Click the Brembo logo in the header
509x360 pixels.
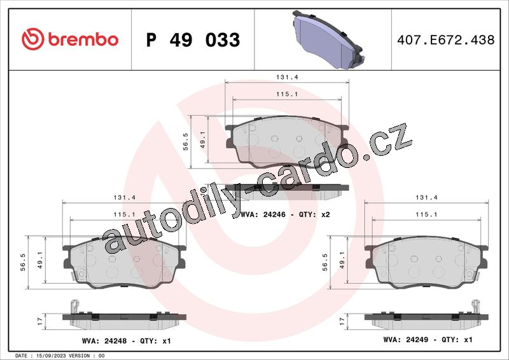coord(70,39)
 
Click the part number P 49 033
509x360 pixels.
coord(193,40)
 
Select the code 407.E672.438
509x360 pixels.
coord(446,40)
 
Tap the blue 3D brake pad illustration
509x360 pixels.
coord(327,39)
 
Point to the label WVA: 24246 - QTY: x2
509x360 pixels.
coord(285,214)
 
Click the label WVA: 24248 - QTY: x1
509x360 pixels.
coord(126,341)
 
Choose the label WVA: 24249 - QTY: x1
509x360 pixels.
coord(428,340)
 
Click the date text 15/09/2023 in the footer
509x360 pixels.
coord(50,356)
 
